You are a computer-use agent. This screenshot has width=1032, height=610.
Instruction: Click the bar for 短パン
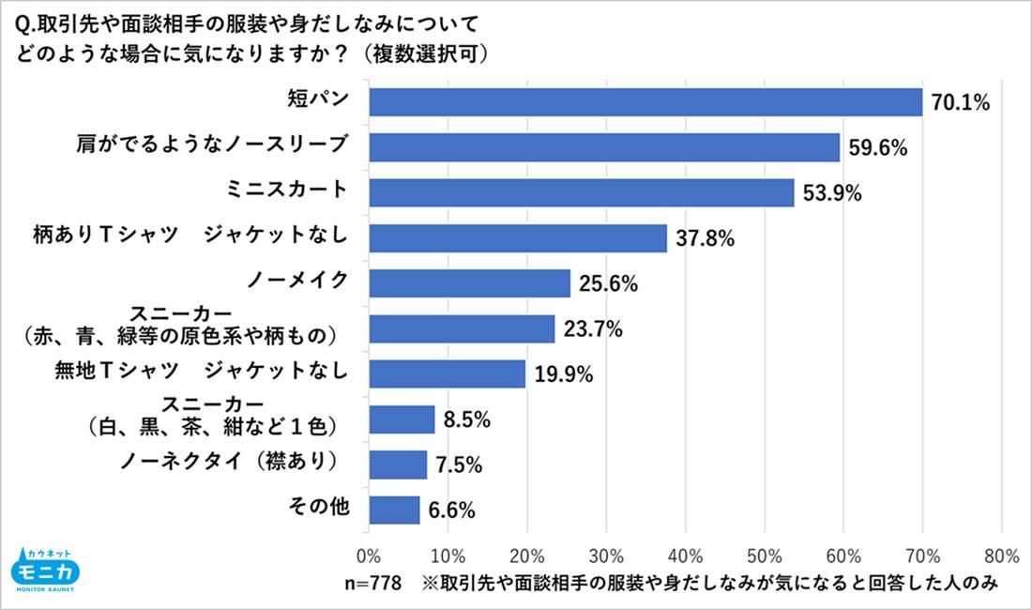click(645, 102)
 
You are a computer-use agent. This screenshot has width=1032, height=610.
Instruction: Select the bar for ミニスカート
click(582, 192)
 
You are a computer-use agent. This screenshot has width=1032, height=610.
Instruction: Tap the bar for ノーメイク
click(469, 282)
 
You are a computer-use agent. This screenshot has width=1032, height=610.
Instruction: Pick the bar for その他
click(394, 510)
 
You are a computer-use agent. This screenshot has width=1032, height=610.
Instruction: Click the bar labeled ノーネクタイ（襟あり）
click(398, 465)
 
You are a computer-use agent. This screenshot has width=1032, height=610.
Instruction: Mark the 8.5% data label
click(466, 419)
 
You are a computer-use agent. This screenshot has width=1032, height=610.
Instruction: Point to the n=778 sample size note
click(373, 582)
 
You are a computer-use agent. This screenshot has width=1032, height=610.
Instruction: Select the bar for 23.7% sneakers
click(462, 328)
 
